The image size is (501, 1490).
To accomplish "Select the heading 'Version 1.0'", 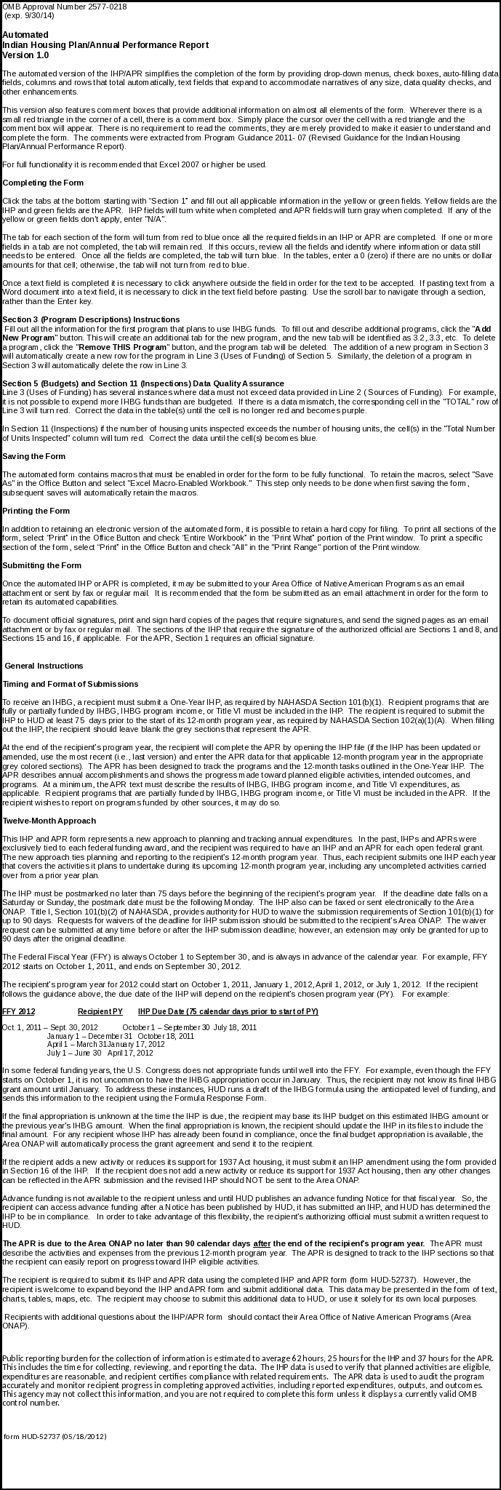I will coord(25,55).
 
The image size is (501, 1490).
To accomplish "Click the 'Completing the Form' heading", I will coord(43,182).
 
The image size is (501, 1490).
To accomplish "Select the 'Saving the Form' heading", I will coord(34,456).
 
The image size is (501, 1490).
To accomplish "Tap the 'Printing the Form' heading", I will coord(36,510).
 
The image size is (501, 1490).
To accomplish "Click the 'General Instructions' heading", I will coord(44,666).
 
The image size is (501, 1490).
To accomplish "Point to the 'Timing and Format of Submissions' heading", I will coord(71,684).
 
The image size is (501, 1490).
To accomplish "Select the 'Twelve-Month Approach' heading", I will coord(49,821).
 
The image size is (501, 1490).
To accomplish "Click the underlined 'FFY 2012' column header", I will coord(19,1012).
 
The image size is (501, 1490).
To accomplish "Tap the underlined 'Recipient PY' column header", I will coord(100,1012).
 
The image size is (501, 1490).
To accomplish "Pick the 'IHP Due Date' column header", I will coord(228,1012).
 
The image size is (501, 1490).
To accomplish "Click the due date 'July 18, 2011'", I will coord(234,1027).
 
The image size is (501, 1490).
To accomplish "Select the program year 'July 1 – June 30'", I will coord(74,1053).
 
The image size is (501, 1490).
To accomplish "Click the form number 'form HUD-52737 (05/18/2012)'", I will coord(55,1436).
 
